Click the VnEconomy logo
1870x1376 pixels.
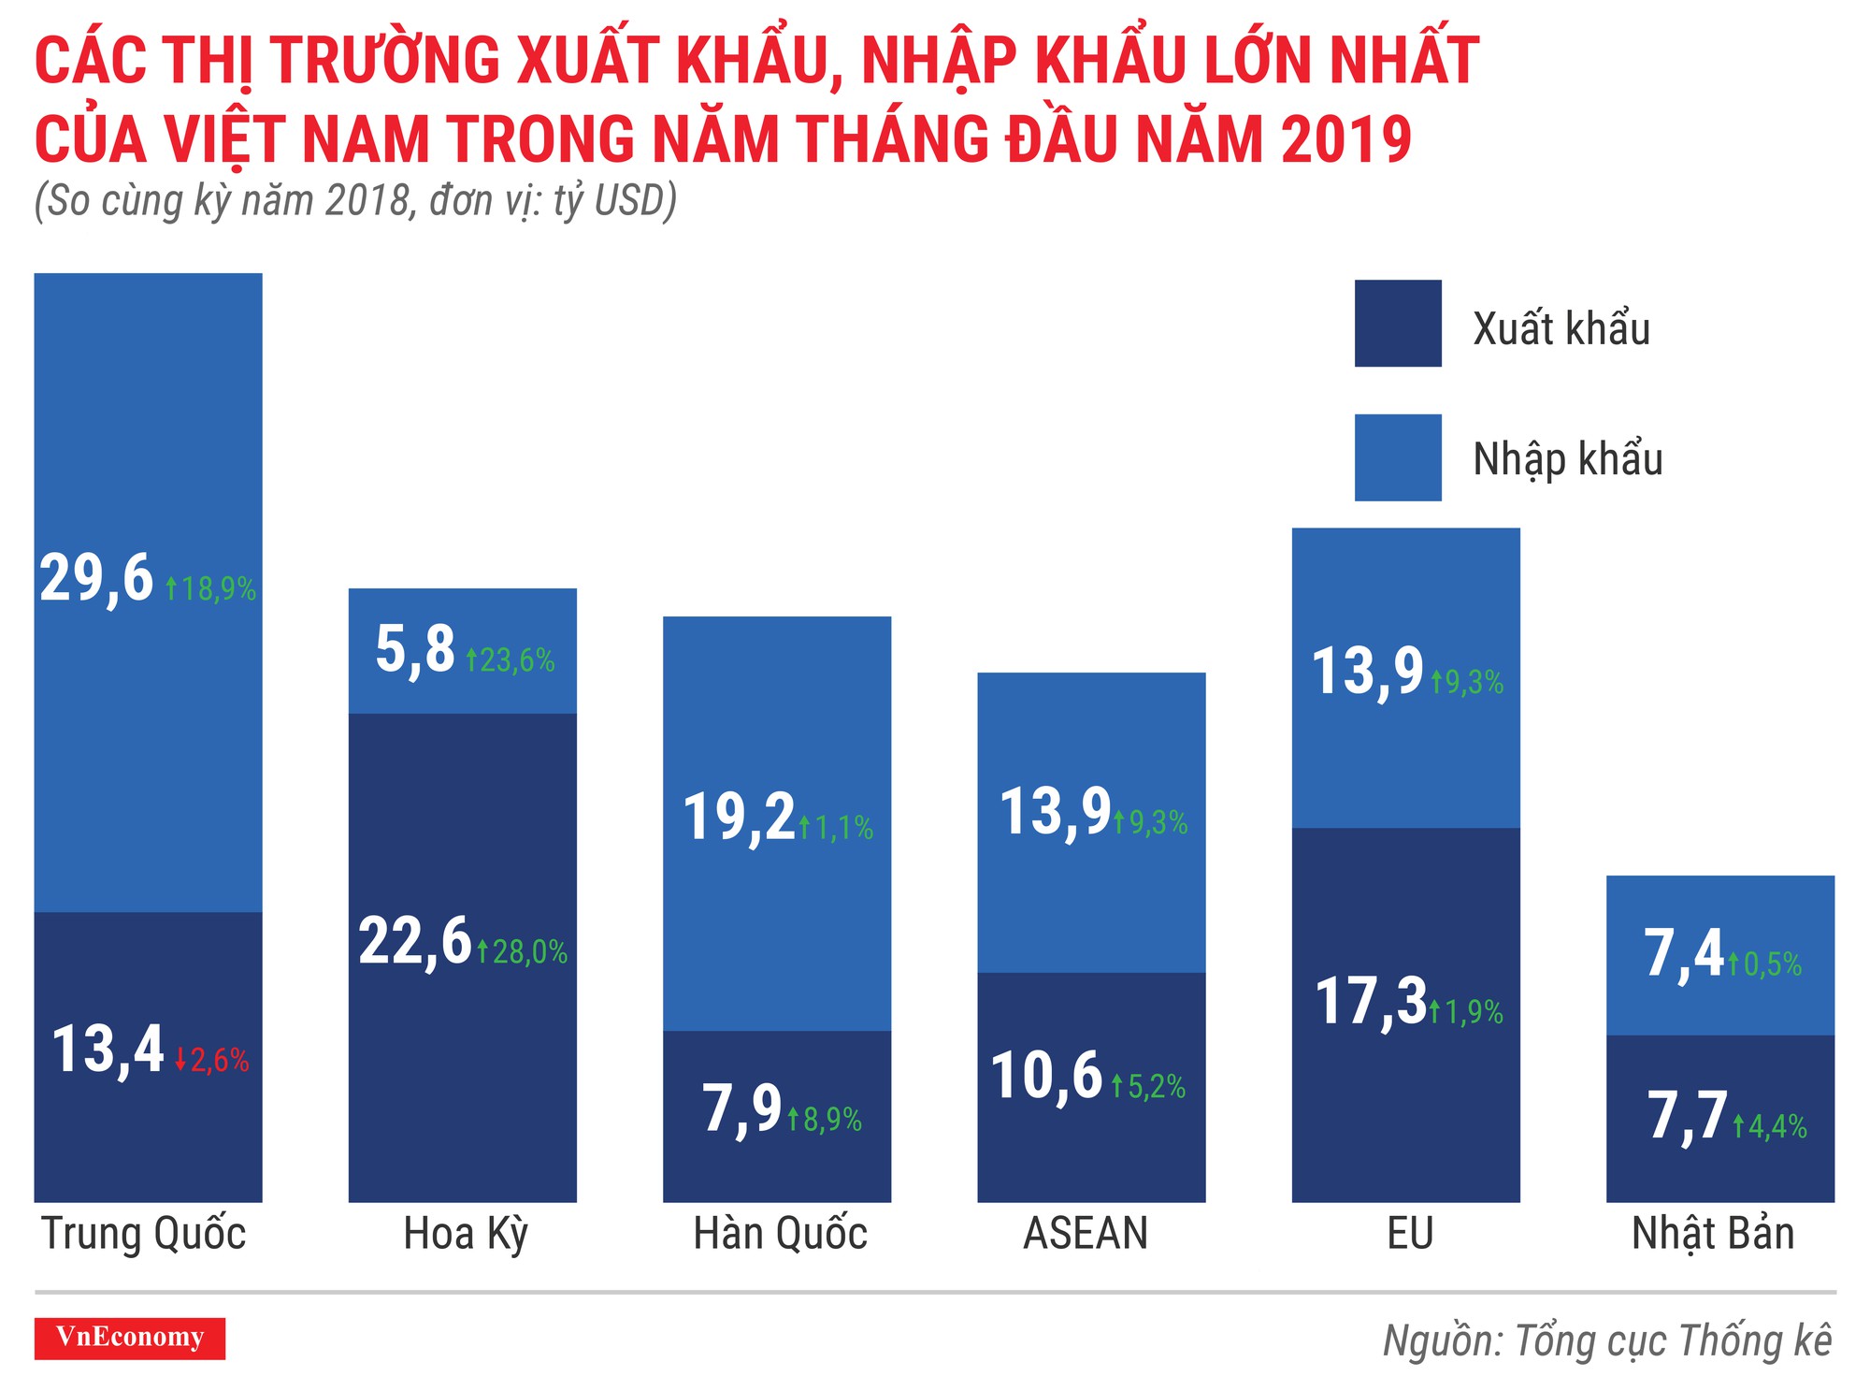tap(130, 1338)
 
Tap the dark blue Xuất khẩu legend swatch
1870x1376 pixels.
tap(1398, 323)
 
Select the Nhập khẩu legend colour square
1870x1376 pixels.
tap(1398, 457)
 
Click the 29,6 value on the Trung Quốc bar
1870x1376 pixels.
tap(96, 578)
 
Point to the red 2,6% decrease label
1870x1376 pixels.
tap(213, 1060)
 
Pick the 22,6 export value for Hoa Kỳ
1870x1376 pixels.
tap(415, 941)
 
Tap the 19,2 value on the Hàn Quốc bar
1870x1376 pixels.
tap(739, 817)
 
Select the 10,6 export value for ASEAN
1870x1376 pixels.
tap(1046, 1076)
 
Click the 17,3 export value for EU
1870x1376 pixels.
tap(1371, 1001)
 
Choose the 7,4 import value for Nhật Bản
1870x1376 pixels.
tap(1683, 954)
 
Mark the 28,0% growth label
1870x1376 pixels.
tap(523, 952)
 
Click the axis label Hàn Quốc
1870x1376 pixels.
tap(780, 1234)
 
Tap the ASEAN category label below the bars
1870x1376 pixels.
tap(1086, 1234)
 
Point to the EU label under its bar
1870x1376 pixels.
tap(1410, 1234)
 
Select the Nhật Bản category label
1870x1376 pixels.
tap(1713, 1234)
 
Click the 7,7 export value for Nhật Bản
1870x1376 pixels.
tap(1687, 1116)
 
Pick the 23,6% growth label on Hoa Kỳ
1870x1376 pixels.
tap(511, 660)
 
